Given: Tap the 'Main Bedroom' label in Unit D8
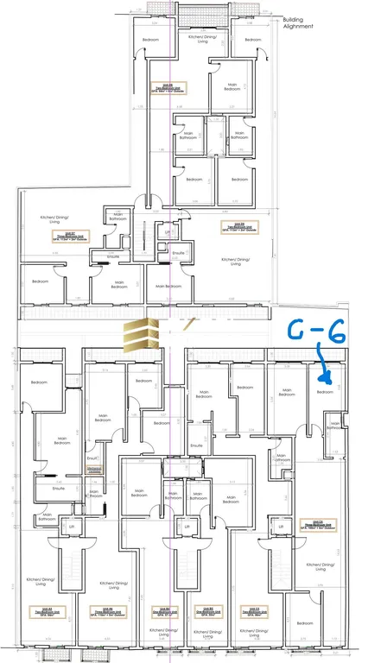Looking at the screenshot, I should tap(231, 87).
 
